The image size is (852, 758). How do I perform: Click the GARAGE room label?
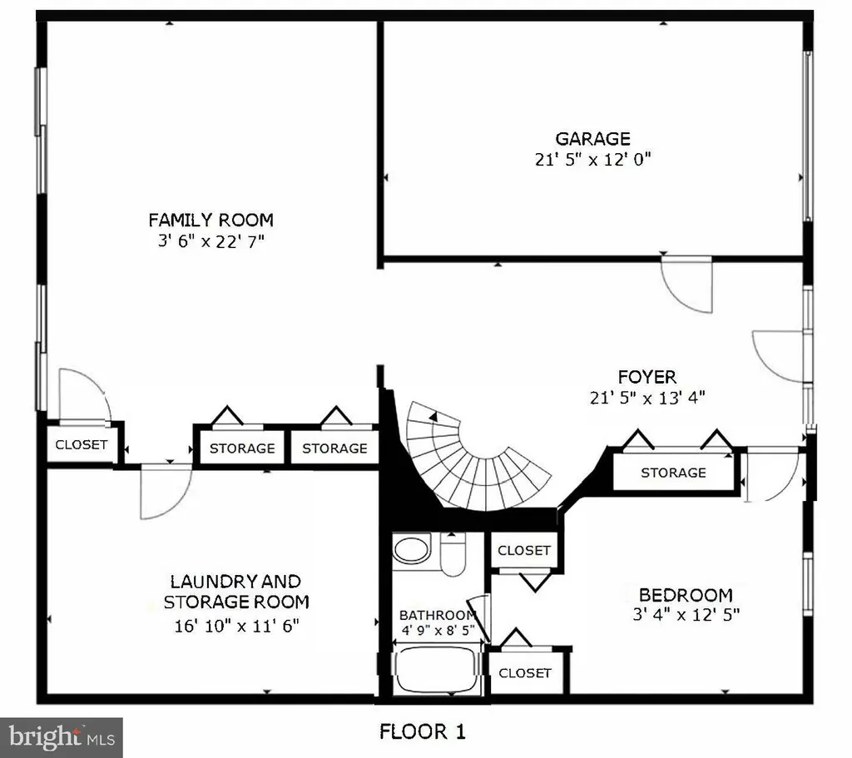[592, 139]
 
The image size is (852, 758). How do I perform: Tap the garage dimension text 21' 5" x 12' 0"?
[592, 159]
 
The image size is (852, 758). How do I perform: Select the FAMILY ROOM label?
[211, 220]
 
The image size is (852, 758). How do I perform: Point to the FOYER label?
[646, 377]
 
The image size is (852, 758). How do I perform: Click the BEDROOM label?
[686, 595]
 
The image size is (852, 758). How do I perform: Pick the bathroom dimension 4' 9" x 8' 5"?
[438, 631]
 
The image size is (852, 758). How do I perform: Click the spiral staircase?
[473, 459]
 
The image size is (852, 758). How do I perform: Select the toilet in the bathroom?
[453, 554]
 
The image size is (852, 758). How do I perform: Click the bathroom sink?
[412, 549]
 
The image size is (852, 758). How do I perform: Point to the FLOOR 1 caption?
[422, 731]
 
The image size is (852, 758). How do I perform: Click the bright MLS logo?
[62, 737]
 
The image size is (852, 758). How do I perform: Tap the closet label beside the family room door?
[82, 444]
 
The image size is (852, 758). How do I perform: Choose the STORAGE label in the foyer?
[673, 473]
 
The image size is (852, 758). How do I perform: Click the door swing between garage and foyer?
[686, 286]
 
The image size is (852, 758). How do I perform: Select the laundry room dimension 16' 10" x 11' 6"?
[236, 626]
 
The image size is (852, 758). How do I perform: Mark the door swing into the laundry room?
[166, 492]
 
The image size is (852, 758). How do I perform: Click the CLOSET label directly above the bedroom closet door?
[524, 551]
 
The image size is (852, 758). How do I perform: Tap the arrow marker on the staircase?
[433, 417]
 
